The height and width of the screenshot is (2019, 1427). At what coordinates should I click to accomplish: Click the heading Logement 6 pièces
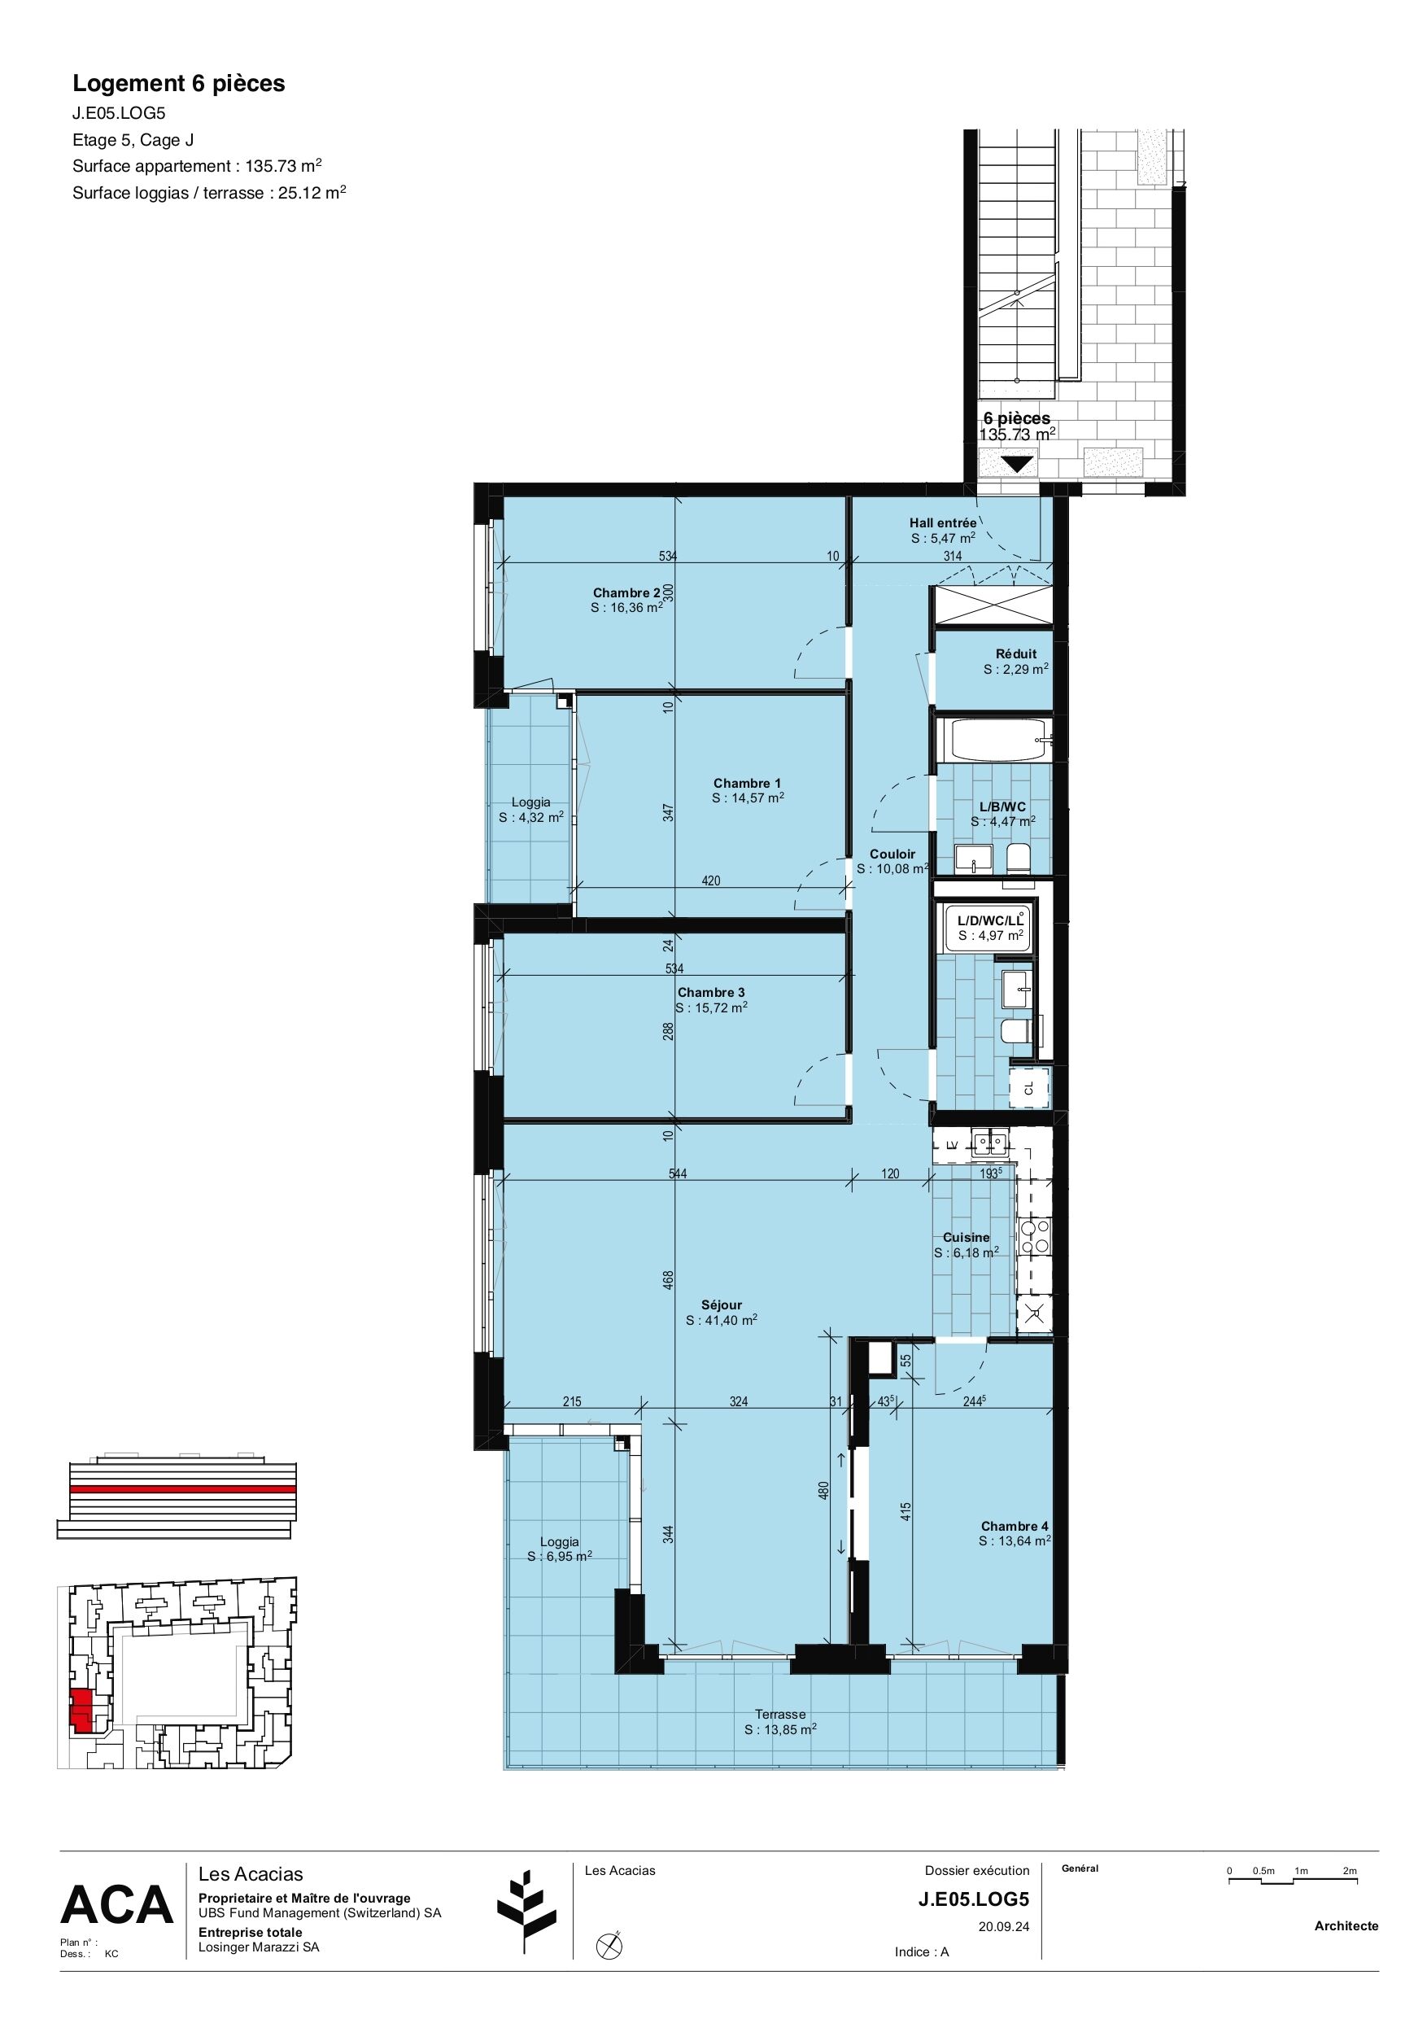pyautogui.click(x=178, y=84)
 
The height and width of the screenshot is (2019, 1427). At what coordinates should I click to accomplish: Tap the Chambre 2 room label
pyautogui.click(x=626, y=592)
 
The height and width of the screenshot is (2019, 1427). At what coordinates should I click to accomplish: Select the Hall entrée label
pyautogui.click(x=943, y=522)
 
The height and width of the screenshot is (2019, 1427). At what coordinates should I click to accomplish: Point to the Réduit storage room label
pyautogui.click(x=1015, y=653)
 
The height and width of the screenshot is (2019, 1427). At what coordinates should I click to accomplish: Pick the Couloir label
pyautogui.click(x=892, y=854)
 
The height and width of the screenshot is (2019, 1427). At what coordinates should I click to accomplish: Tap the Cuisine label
pyautogui.click(x=967, y=1237)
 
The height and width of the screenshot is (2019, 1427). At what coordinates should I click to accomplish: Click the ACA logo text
pyautogui.click(x=117, y=1906)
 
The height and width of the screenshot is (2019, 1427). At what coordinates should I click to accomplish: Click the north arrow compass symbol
pyautogui.click(x=609, y=1946)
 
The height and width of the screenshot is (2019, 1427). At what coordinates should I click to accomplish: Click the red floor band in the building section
pyautogui.click(x=183, y=1488)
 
